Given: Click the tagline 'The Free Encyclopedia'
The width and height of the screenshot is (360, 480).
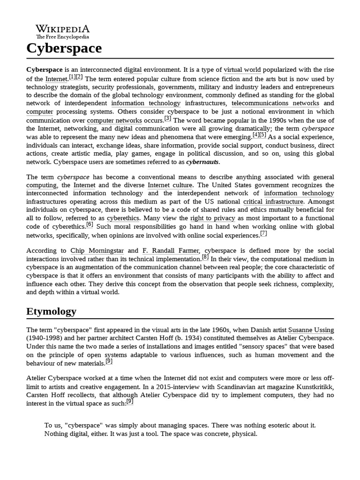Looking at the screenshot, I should click(x=62, y=37).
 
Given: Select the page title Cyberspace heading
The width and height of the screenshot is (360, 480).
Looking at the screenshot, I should click(x=64, y=48).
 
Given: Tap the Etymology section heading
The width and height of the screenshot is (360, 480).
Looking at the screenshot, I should click(x=51, y=311).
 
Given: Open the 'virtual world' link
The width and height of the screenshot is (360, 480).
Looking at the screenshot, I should click(x=242, y=70).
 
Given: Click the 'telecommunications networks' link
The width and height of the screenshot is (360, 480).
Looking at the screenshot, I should click(x=275, y=103).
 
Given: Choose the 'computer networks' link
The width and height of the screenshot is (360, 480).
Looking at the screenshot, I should click(x=114, y=120).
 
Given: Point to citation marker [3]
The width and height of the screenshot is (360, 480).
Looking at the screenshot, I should click(x=168, y=118).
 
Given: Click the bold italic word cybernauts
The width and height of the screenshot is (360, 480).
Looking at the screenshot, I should click(x=202, y=162).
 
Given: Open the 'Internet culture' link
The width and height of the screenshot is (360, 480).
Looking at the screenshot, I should click(x=170, y=185).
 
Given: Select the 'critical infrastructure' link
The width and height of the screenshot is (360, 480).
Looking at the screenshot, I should click(x=273, y=202).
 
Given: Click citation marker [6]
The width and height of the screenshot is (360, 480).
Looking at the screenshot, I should click(x=90, y=225).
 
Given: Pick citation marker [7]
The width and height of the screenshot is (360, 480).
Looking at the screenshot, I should click(x=263, y=233).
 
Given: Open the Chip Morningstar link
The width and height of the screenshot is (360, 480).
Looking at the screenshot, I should click(x=97, y=251).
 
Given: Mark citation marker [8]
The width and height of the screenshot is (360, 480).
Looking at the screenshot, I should click(x=205, y=257).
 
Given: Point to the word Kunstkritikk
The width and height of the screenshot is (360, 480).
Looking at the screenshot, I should click(x=314, y=386).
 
